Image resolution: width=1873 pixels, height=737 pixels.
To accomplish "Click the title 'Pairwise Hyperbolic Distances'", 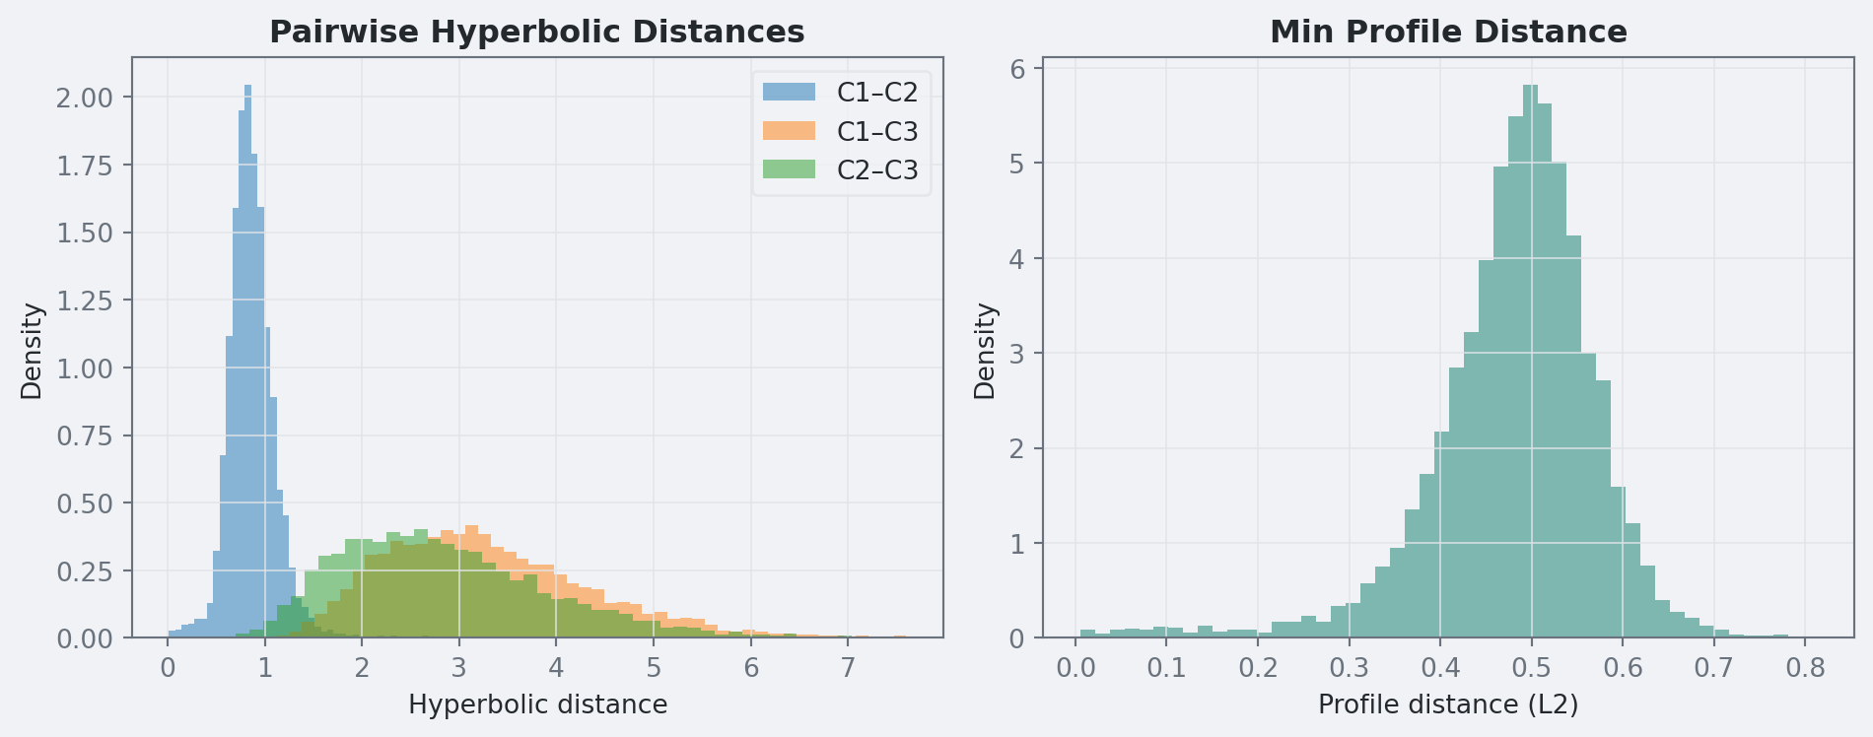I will click(x=536, y=33).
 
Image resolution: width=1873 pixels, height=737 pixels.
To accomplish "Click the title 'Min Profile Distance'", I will click(x=1448, y=33).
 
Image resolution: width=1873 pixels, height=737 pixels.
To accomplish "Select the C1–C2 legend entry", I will click(x=876, y=93).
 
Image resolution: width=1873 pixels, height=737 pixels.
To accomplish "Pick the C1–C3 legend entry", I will click(x=876, y=131).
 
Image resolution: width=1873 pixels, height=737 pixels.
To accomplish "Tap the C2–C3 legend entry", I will click(x=876, y=170).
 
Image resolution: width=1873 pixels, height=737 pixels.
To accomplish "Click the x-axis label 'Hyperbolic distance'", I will click(x=537, y=705).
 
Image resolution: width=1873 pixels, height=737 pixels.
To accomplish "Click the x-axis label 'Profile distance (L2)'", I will click(x=1448, y=705).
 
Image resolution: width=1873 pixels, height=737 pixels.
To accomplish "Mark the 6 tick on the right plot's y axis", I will click(x=1017, y=69).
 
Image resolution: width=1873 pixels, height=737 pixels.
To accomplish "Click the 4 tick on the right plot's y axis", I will click(x=1017, y=259).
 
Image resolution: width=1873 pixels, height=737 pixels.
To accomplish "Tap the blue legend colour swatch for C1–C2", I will click(x=789, y=93).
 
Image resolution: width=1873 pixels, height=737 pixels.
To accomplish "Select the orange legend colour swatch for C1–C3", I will click(x=789, y=131).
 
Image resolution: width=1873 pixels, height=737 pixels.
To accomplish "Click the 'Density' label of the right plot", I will click(x=985, y=351).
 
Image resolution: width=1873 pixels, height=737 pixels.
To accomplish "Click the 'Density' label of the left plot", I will click(x=32, y=351).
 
